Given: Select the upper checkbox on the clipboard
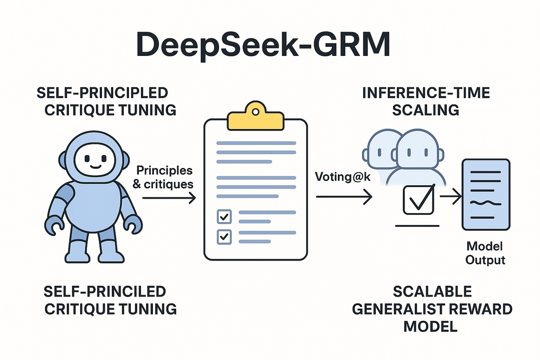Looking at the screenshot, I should pyautogui.click(x=224, y=217).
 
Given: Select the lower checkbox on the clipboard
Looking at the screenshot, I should pyautogui.click(x=224, y=237).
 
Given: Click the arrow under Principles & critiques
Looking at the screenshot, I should pyautogui.click(x=169, y=198).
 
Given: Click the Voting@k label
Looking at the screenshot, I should pyautogui.click(x=342, y=177).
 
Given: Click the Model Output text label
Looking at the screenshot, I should pyautogui.click(x=485, y=253).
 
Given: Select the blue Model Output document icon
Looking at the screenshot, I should pyautogui.click(x=486, y=194).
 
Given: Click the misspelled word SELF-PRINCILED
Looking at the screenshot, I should pyautogui.click(x=105, y=292).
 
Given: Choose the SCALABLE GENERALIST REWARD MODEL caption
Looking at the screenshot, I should pyautogui.click(x=432, y=309).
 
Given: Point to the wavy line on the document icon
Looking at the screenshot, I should pyautogui.click(x=486, y=203).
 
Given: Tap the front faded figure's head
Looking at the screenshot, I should pyautogui.click(x=417, y=150).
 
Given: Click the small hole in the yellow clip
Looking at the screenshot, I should pyautogui.click(x=255, y=112).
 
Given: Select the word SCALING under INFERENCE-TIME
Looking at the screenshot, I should pyautogui.click(x=426, y=110).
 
